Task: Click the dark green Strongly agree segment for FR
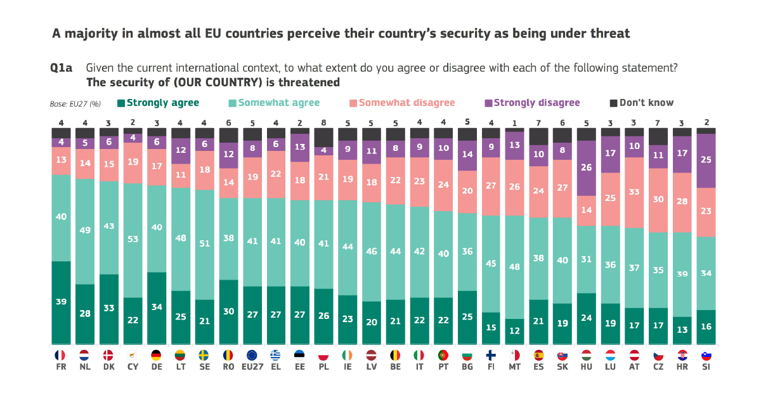(61, 302)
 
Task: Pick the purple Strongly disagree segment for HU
(586, 168)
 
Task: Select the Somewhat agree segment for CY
(133, 240)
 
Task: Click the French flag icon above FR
(61, 355)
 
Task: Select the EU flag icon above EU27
(251, 355)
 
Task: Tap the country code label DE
(157, 367)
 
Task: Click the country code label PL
(324, 367)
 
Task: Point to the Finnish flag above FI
(490, 355)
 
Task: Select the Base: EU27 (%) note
(75, 104)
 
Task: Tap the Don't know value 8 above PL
(324, 122)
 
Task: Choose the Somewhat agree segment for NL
(85, 231)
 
